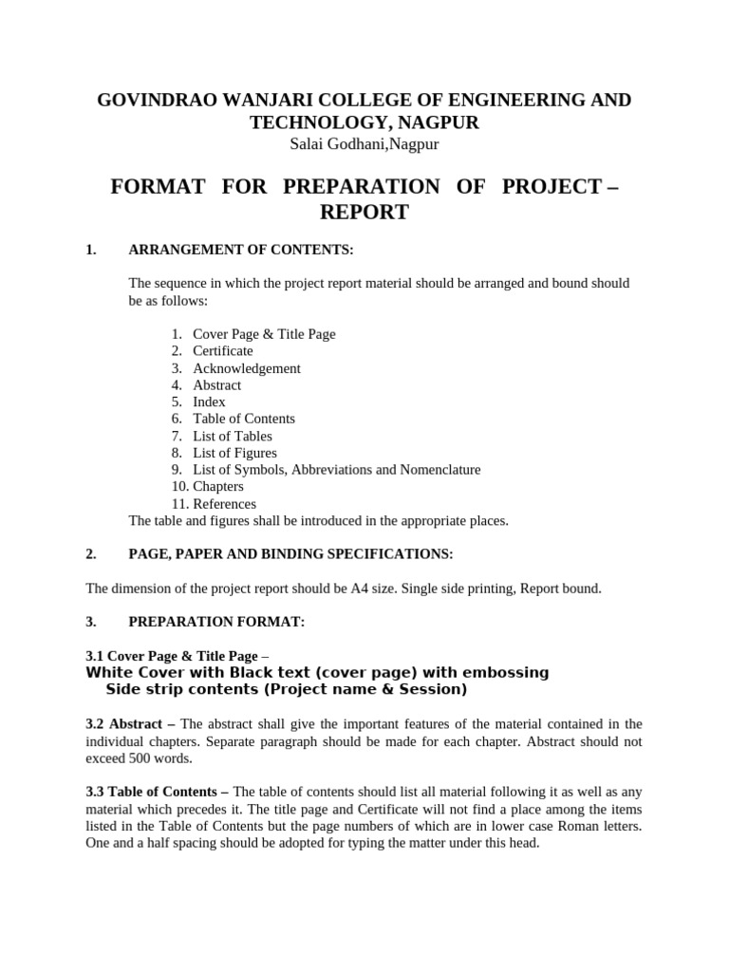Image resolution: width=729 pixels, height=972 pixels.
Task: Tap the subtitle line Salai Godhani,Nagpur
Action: click(364, 143)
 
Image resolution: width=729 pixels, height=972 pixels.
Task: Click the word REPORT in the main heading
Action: click(364, 212)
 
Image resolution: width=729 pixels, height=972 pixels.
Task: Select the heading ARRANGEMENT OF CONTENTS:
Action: click(240, 251)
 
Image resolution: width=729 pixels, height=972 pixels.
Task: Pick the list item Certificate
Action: click(223, 351)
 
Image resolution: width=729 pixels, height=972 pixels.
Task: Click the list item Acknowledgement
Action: click(247, 368)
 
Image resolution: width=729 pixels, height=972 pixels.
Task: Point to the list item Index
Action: click(209, 402)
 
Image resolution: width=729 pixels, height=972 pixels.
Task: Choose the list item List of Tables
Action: click(233, 436)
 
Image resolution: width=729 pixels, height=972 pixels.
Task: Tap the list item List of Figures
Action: click(234, 453)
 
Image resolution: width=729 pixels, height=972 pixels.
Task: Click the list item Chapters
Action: click(218, 487)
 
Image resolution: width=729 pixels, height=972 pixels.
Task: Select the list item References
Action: click(224, 504)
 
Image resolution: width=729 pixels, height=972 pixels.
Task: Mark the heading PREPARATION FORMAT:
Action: click(216, 623)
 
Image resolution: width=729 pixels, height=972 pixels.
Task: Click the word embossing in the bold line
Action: click(504, 673)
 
